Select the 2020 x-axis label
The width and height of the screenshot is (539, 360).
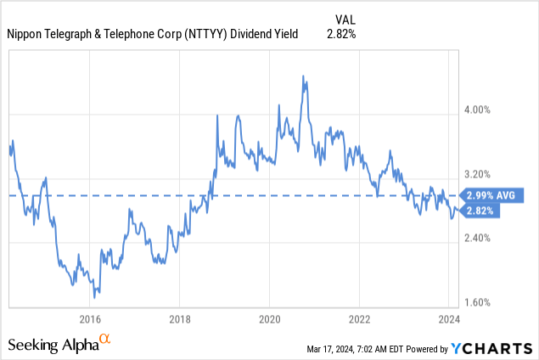pos(269,319)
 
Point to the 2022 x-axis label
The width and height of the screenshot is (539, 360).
pos(359,319)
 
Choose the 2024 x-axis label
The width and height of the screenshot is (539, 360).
pos(448,319)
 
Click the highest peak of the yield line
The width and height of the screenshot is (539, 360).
pos(303,76)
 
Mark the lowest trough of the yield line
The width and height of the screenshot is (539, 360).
pos(95,297)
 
